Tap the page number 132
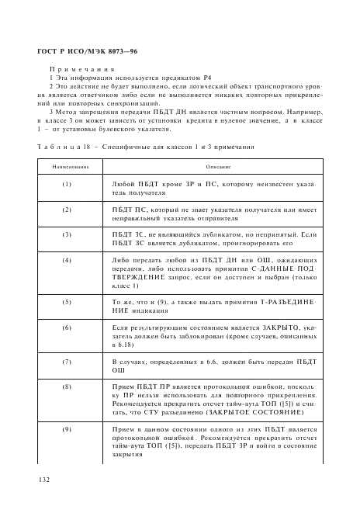[41, 481]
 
